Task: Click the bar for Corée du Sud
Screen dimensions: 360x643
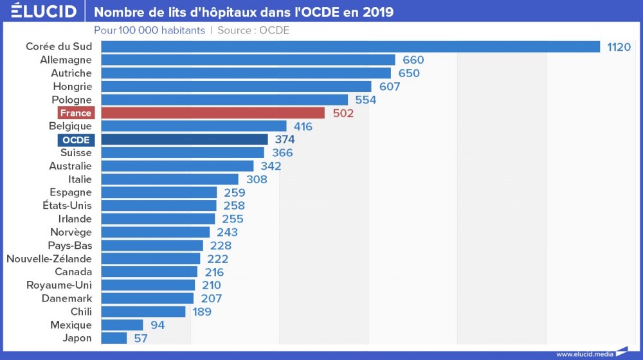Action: (350, 47)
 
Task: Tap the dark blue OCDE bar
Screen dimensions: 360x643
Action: (185, 139)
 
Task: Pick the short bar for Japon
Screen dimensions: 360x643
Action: (114, 338)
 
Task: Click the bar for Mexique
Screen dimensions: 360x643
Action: (122, 325)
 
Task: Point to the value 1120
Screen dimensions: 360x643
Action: (619, 47)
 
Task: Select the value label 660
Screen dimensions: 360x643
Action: (413, 60)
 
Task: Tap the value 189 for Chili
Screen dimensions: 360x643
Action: (202, 312)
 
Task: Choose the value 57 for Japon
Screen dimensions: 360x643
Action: (140, 338)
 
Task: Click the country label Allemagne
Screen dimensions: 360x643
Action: (66, 60)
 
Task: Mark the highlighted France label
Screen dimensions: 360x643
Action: (76, 113)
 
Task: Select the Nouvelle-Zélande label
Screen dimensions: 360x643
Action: (49, 259)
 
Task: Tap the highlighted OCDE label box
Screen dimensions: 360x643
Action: (76, 139)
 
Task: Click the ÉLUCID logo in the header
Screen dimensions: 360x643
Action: (44, 11)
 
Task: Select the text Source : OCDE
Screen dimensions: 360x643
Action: (253, 30)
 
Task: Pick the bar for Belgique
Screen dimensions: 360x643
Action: (194, 126)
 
